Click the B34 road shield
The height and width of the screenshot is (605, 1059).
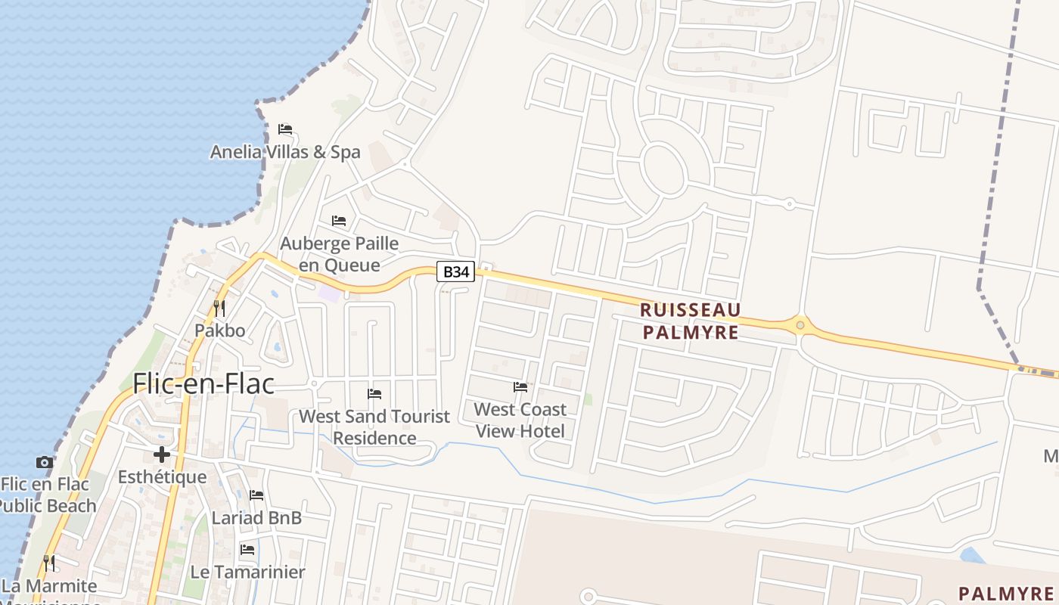[x=456, y=272]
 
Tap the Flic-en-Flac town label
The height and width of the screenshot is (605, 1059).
[x=203, y=384]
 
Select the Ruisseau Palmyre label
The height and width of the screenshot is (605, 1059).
[x=690, y=321]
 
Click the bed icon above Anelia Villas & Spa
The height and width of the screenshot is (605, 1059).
[x=285, y=129]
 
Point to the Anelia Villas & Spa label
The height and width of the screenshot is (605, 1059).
[x=285, y=152]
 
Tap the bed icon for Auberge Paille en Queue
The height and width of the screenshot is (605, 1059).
[x=339, y=221]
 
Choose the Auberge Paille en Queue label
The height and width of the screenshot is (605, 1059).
[x=339, y=254]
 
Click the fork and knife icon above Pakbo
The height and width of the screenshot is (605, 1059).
[x=219, y=308]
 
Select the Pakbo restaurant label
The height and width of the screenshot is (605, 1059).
[x=220, y=330]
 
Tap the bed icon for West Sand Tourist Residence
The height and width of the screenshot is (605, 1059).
[x=374, y=394]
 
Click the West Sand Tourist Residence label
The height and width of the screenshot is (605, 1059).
[x=374, y=427]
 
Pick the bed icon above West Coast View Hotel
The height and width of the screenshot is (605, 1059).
[x=520, y=387]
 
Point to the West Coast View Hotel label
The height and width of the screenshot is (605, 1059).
[x=520, y=420]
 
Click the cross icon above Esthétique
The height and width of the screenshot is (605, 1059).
[x=161, y=455]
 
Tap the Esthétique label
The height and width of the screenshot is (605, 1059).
[x=162, y=477]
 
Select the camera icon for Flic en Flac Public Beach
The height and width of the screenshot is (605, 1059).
[x=45, y=462]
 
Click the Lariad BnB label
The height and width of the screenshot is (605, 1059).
[x=256, y=518]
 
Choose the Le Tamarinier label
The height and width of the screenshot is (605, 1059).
[x=247, y=572]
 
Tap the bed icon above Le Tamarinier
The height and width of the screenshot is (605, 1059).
[x=247, y=550]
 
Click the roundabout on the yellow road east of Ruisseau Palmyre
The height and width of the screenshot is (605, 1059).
[x=800, y=326]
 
